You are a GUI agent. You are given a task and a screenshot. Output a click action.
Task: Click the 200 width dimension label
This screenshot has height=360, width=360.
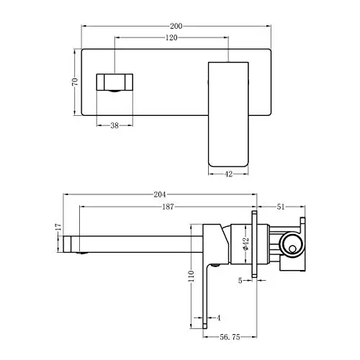pos(176,26)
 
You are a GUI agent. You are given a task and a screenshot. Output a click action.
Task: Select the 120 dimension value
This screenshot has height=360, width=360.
pos(171,37)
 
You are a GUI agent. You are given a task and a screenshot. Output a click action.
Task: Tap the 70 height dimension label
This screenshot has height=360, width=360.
pos(75,82)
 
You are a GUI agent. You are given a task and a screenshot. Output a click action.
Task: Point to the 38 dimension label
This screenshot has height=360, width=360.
pos(114,125)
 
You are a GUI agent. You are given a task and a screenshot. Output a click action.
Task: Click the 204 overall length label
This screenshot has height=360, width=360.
pos(160,194)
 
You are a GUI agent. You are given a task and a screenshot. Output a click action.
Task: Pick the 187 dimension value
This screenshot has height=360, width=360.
pos(168,207)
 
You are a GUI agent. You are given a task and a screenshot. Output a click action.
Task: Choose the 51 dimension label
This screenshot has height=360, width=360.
pos(280,207)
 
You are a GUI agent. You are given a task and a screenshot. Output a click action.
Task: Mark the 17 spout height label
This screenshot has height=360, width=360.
pos(58,227)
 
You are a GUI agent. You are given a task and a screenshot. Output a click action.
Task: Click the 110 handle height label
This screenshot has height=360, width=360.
pos(192,276)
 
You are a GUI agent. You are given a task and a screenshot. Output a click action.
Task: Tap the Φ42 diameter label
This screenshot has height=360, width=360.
pos(246,244)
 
